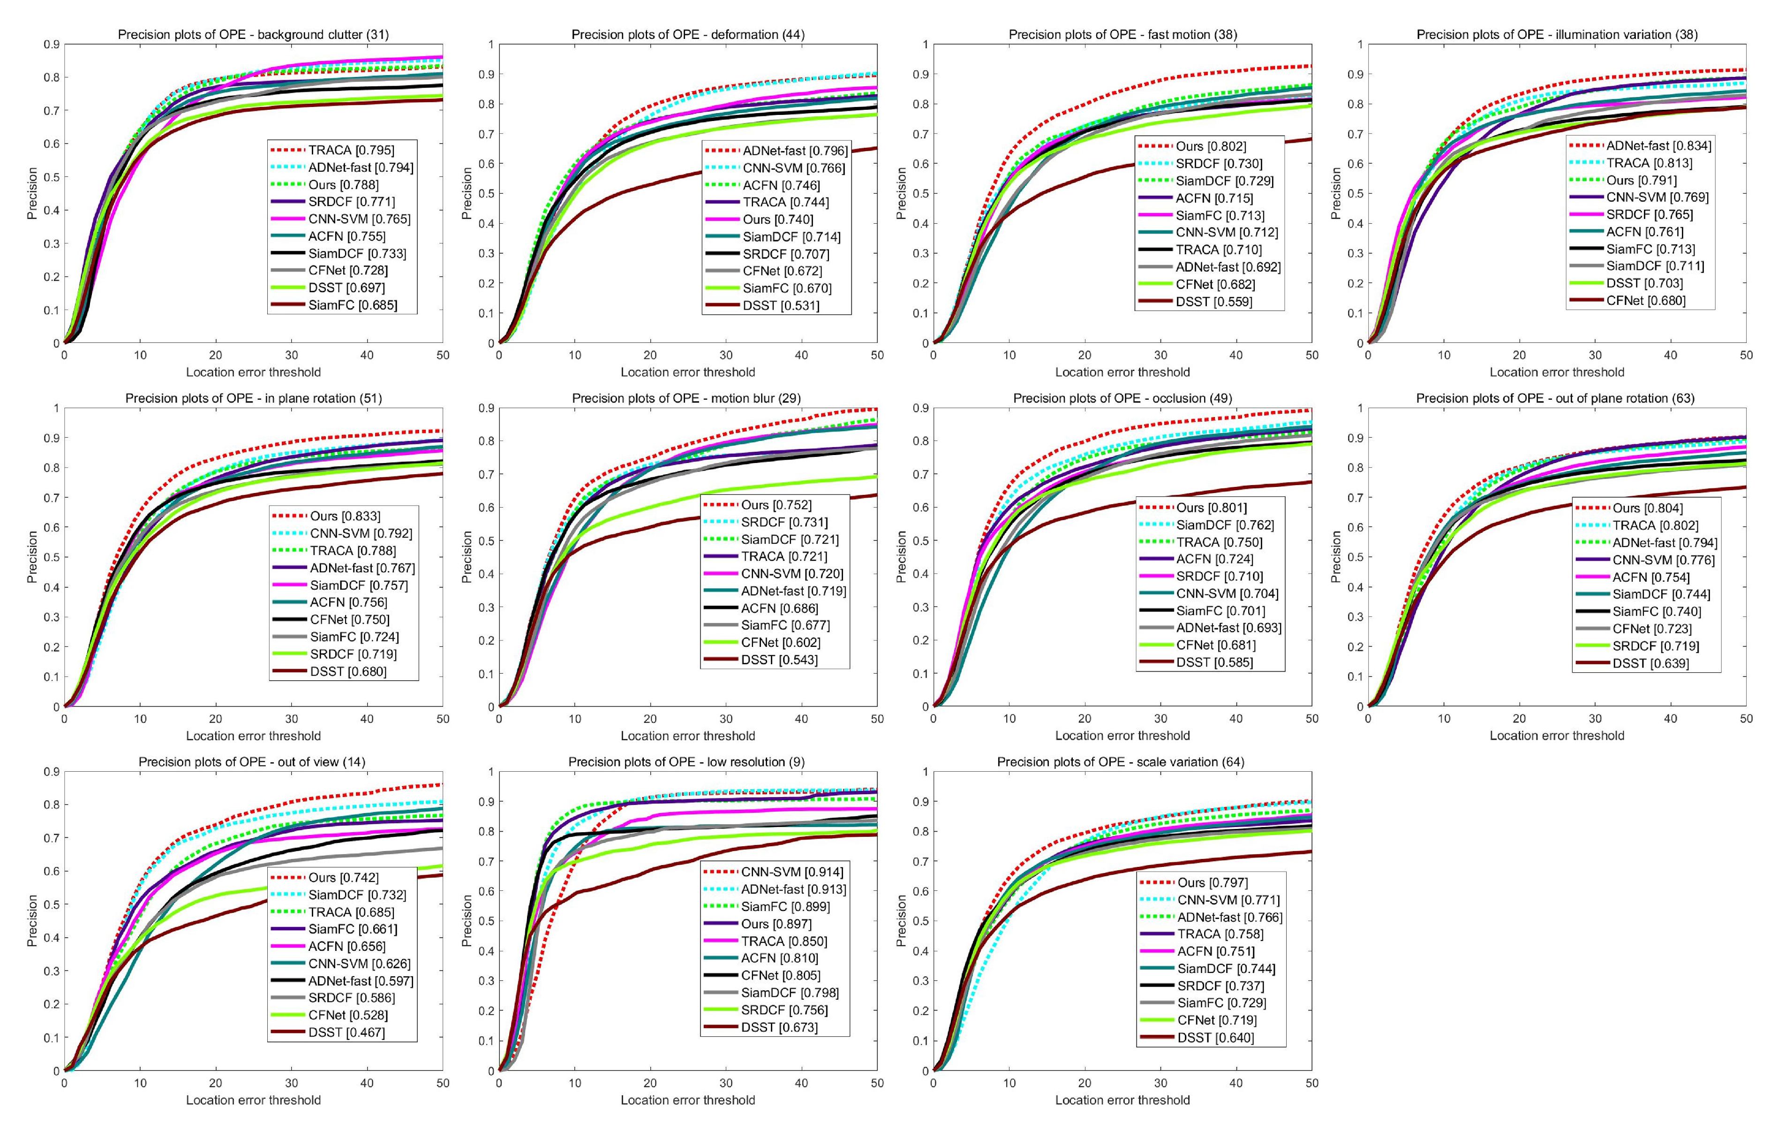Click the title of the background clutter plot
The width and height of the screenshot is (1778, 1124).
253,35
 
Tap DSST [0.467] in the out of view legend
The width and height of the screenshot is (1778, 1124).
347,1032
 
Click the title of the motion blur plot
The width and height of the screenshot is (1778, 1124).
687,399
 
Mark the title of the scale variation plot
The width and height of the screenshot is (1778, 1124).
1121,762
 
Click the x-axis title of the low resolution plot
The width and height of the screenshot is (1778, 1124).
687,1100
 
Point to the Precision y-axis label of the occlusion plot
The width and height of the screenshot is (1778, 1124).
901,557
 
